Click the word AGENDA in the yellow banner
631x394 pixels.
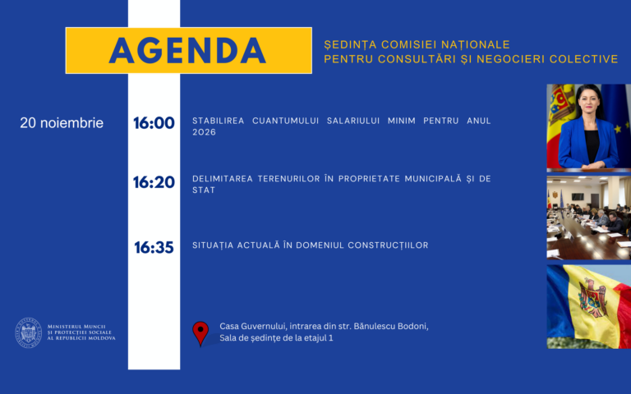(187, 51)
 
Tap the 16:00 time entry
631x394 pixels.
(154, 123)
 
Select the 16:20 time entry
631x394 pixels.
(154, 182)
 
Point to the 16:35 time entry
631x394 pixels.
(154, 248)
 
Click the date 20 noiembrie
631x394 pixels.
(62, 123)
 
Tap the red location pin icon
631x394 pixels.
(200, 333)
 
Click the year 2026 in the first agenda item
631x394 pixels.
(204, 132)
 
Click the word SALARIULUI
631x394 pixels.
(353, 121)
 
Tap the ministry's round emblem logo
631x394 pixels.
(29, 332)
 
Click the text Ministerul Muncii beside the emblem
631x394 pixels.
(76, 327)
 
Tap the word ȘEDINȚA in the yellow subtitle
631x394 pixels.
(350, 44)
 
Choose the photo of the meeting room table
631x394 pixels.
(589, 218)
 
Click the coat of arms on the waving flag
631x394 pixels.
(592, 298)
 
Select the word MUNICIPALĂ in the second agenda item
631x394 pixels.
(433, 178)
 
